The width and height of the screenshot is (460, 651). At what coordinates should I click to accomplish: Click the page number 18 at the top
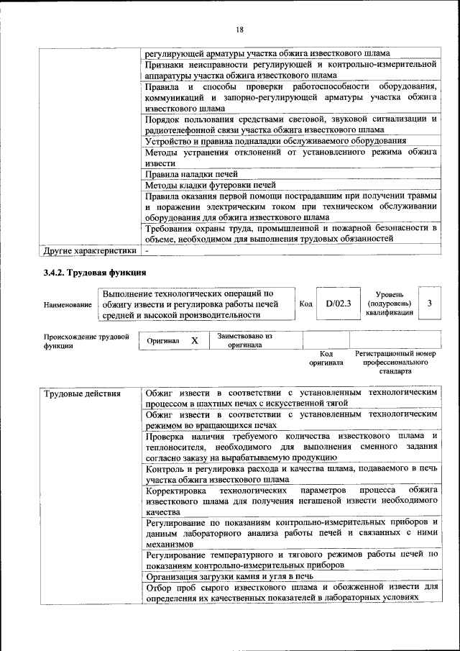(x=239, y=29)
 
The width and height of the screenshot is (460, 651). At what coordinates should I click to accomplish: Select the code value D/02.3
(x=337, y=304)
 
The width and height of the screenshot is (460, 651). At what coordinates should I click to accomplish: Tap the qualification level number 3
(x=429, y=304)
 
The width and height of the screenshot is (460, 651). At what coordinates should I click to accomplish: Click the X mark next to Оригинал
(x=194, y=340)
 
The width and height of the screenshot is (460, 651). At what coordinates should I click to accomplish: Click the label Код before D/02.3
(x=305, y=304)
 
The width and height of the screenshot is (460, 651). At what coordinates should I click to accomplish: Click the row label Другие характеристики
(x=89, y=251)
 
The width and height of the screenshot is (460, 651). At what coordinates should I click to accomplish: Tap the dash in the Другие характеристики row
(x=147, y=251)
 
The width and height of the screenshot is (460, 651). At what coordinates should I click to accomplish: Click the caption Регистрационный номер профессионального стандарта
(x=395, y=363)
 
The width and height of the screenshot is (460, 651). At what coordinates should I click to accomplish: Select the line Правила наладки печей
(x=191, y=174)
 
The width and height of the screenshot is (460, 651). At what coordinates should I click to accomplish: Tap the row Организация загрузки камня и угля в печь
(x=229, y=576)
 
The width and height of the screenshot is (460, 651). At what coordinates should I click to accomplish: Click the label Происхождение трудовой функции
(x=86, y=341)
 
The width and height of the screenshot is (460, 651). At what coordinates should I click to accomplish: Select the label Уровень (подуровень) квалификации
(x=388, y=304)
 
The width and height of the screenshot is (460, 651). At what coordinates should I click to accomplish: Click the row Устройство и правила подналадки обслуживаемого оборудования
(x=275, y=141)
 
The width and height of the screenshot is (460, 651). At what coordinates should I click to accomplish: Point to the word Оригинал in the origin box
(x=163, y=341)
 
